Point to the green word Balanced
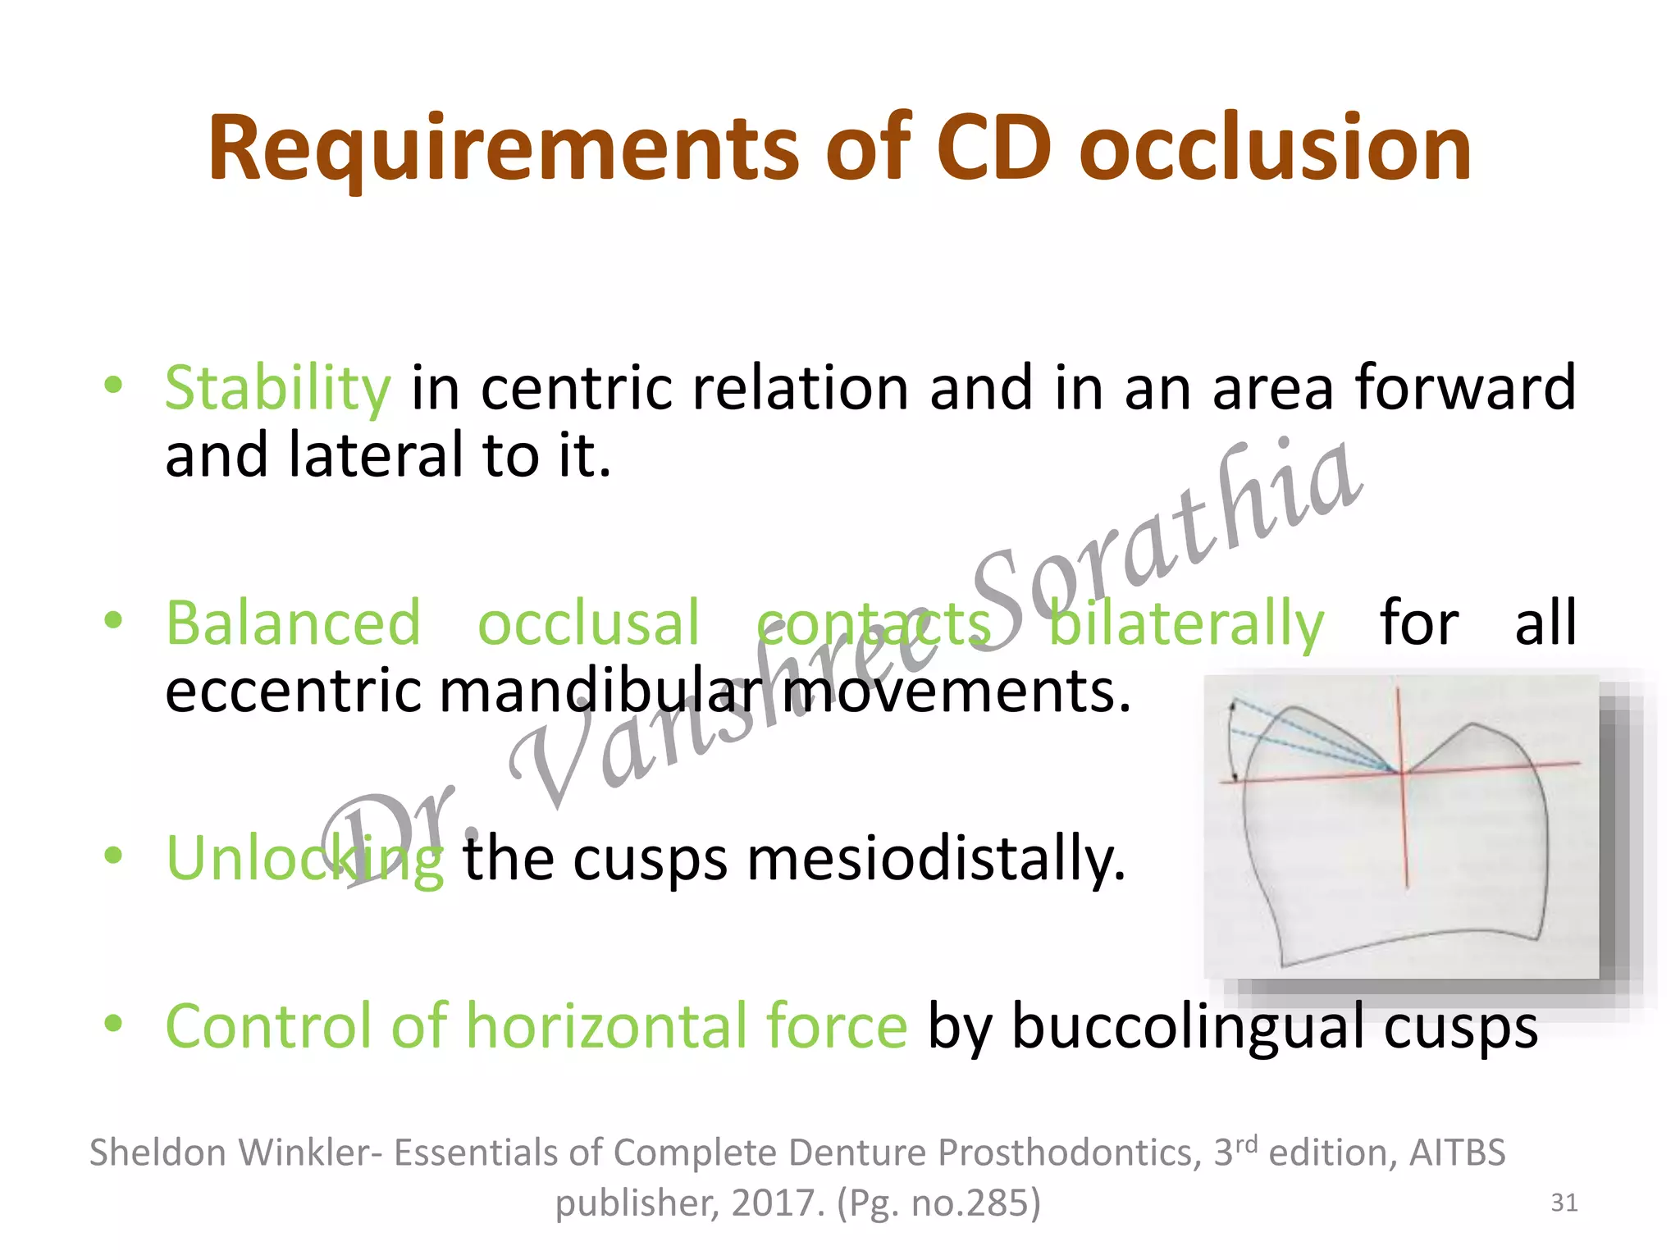point(293,623)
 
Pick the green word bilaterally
point(1186,623)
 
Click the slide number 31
point(1564,1203)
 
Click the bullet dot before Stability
point(113,385)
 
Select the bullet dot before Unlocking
point(113,856)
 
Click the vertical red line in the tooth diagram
point(1404,837)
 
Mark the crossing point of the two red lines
point(1402,772)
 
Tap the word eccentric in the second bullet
point(293,691)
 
